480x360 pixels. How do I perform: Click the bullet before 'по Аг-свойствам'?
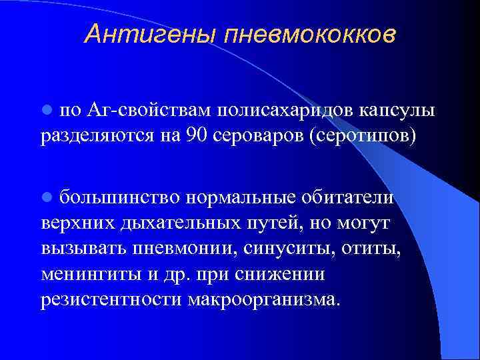(x=46, y=109)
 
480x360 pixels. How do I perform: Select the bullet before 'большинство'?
(x=46, y=197)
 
